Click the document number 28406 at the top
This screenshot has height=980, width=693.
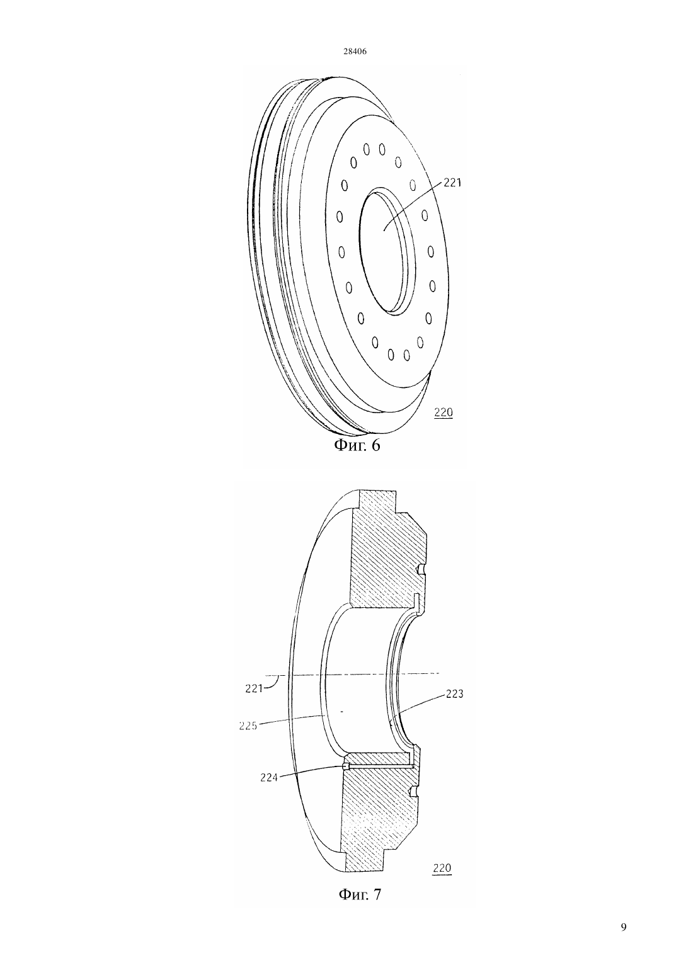pos(355,52)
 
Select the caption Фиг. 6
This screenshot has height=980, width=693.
pos(357,445)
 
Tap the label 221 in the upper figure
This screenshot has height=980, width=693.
pos(452,183)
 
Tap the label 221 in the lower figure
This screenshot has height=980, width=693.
pos(254,688)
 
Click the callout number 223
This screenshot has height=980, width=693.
pos(454,694)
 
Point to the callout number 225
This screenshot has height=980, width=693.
pos(248,726)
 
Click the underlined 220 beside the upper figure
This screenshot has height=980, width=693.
pos(443,413)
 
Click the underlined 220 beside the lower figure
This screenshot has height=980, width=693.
pos(442,867)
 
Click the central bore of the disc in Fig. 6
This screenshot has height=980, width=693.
pos(386,249)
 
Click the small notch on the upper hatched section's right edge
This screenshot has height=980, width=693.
pos(421,569)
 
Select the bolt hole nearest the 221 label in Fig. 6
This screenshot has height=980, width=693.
pos(413,185)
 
